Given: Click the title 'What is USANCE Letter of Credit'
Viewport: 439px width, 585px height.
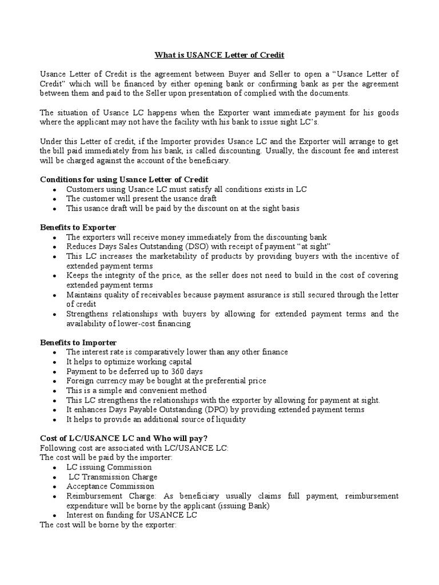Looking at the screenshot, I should [219, 55].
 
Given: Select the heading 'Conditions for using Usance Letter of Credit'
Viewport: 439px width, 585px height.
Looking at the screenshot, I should [124, 179].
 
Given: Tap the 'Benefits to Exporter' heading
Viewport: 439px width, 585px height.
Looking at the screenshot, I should [78, 227].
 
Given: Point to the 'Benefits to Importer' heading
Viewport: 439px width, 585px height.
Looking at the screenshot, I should [78, 342].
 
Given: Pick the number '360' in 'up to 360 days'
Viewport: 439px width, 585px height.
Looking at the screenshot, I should [154, 371].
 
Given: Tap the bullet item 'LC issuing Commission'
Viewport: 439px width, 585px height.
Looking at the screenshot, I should [109, 467].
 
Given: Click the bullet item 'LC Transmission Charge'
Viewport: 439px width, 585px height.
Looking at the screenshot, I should [113, 476].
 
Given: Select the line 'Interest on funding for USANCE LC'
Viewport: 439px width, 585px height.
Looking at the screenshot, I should [131, 515].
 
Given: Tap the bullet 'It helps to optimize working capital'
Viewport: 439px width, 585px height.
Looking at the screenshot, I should [129, 362].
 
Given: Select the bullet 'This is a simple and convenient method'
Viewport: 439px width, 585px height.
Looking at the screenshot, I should [135, 390].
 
